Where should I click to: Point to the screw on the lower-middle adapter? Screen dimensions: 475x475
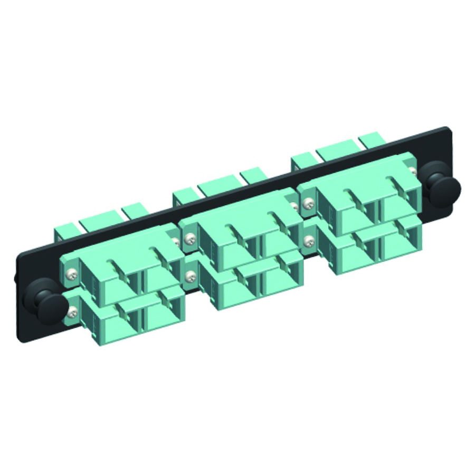point(189,275)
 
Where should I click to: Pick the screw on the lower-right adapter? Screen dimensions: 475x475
point(308,240)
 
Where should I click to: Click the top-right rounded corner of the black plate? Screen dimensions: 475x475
point(448,129)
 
